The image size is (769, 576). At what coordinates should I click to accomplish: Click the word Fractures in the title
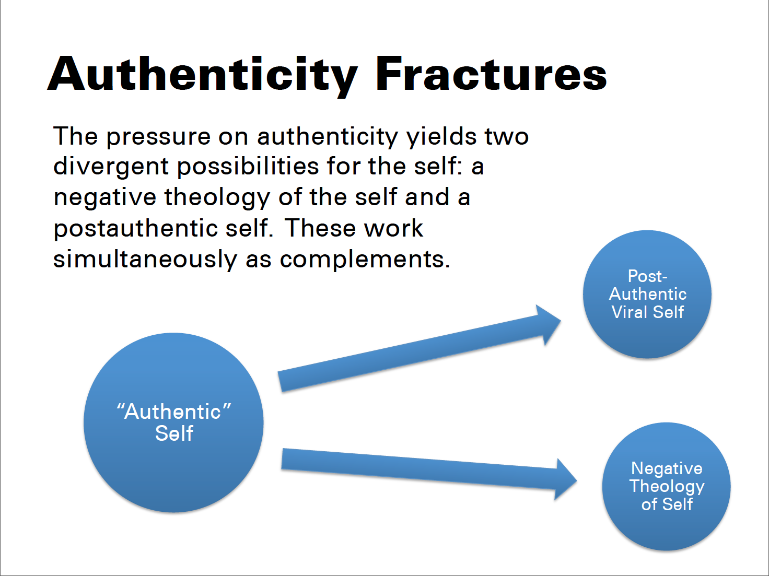491,74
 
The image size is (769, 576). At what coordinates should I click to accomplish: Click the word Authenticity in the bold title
203,77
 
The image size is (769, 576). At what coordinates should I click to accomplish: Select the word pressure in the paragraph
158,137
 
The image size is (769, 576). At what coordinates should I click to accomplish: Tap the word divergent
111,166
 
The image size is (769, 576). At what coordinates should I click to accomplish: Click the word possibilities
248,166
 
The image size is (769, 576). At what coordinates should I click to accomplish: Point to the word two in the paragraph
507,137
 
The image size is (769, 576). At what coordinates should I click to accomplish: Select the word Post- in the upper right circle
647,276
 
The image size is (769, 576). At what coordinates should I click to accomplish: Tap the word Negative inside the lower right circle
667,468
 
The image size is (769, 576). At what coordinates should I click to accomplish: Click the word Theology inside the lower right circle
667,487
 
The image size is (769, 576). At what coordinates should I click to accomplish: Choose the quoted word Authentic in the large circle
174,412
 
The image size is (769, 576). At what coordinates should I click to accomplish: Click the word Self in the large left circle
174,433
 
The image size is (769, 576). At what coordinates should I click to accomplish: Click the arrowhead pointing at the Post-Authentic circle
549,324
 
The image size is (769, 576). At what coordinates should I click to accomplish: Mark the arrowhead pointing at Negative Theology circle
565,479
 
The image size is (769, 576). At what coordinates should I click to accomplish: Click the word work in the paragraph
393,228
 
